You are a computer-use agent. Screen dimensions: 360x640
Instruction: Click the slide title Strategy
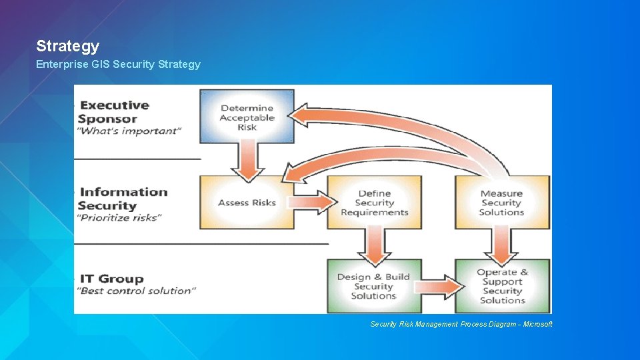pos(67,46)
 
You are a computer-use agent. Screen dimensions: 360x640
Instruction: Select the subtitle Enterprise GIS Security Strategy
pos(118,65)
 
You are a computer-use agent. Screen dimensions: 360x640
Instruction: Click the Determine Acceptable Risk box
pos(247,117)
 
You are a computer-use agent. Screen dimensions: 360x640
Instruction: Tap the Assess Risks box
pos(247,203)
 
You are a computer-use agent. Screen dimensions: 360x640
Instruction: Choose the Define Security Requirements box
pos(374,203)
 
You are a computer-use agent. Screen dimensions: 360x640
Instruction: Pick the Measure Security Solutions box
pos(501,203)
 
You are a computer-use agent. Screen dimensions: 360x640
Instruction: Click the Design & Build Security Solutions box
pos(373,287)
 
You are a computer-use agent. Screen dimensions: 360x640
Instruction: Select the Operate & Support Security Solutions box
pos(502,287)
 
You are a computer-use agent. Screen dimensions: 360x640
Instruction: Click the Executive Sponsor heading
pos(114,112)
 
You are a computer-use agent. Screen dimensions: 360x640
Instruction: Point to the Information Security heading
pos(123,199)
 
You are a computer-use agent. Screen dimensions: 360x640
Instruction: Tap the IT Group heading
pos(111,279)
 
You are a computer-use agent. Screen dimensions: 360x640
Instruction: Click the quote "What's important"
pos(130,131)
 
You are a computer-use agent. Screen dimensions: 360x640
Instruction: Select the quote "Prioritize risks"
pos(119,217)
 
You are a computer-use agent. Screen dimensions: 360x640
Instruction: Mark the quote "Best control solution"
pos(137,291)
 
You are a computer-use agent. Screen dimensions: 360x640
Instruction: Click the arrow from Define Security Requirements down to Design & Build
pos(373,243)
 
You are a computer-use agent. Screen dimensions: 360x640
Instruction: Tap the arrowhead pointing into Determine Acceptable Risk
pos(303,115)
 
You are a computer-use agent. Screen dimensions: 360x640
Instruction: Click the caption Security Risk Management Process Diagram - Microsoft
pos(461,324)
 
